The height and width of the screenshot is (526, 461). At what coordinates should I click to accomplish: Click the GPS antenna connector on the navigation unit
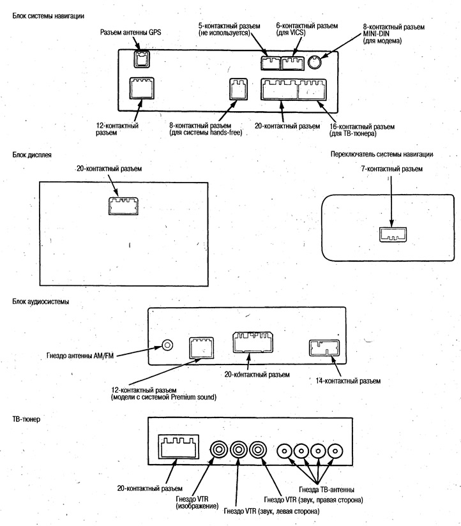[142, 59]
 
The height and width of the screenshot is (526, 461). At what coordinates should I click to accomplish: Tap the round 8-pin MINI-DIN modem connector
[314, 62]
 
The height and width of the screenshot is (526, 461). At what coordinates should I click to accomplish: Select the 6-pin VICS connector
[292, 63]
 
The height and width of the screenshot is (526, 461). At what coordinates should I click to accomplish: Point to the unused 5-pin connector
[271, 63]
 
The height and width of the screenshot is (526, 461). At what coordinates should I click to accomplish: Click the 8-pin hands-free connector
[238, 89]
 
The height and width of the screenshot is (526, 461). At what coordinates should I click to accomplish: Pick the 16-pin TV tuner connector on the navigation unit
[312, 89]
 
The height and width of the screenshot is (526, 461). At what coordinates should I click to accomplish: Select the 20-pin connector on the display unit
[123, 206]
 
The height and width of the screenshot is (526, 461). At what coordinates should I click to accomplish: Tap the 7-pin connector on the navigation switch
[393, 234]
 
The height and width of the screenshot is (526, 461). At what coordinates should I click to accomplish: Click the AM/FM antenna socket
[167, 345]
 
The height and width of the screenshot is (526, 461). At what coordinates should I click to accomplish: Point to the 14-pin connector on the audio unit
[324, 348]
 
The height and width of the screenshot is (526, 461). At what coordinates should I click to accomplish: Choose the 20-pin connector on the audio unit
[253, 342]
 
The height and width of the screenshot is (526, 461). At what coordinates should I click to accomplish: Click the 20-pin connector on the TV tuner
[178, 447]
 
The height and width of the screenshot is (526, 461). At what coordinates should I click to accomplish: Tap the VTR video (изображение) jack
[219, 450]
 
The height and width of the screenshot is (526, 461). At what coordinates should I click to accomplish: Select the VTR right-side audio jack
[258, 450]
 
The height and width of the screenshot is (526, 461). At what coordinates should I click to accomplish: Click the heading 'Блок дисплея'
[32, 155]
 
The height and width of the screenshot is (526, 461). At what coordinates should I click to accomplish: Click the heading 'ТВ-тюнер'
[26, 419]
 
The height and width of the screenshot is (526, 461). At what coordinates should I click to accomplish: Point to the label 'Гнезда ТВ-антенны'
[326, 490]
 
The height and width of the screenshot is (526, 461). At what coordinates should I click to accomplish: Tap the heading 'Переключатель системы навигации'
[382, 154]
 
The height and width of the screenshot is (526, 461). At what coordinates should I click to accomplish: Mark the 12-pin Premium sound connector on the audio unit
[201, 347]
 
